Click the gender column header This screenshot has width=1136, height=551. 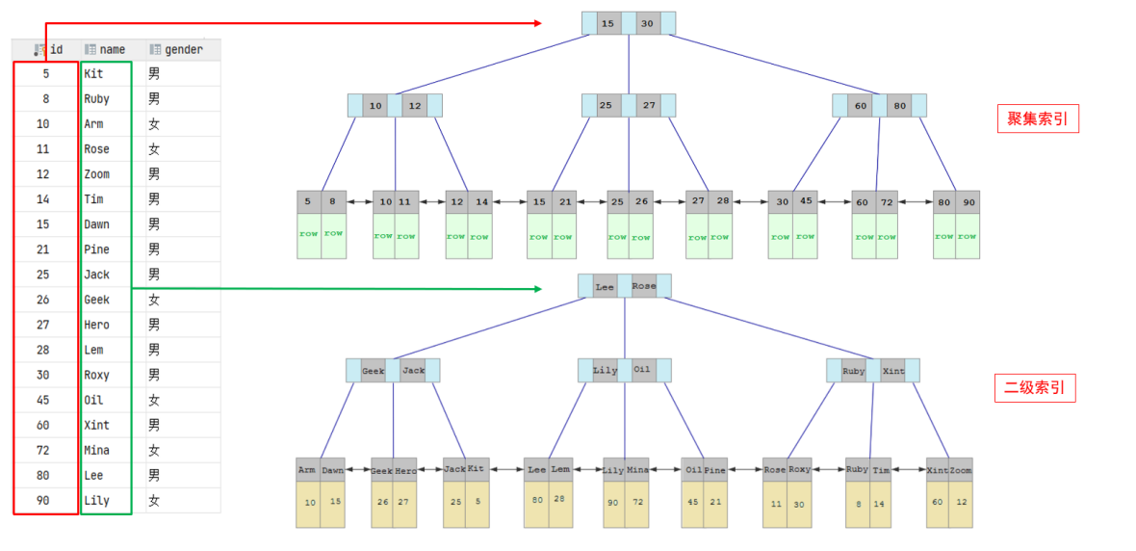pyautogui.click(x=183, y=49)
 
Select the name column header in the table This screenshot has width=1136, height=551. pyautogui.click(x=112, y=49)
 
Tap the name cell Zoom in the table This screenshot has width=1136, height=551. pyautogui.click(x=96, y=174)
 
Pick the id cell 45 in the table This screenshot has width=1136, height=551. pyautogui.click(x=43, y=400)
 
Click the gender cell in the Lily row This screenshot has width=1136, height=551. pyautogui.click(x=154, y=500)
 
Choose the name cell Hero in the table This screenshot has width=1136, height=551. pyautogui.click(x=96, y=325)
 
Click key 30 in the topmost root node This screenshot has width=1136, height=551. pyautogui.click(x=647, y=23)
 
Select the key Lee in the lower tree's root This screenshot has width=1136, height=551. pyautogui.click(x=605, y=286)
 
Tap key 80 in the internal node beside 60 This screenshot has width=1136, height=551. pyautogui.click(x=899, y=105)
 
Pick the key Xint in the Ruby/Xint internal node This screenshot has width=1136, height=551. pyautogui.click(x=892, y=371)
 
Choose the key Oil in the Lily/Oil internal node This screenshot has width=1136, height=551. pyautogui.click(x=642, y=370)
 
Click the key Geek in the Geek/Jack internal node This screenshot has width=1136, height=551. pyautogui.click(x=374, y=371)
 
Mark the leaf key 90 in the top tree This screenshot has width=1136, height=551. pyautogui.click(x=968, y=202)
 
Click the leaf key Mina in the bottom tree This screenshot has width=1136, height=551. pyautogui.click(x=637, y=470)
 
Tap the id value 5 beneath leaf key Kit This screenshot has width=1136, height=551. pyautogui.click(x=477, y=501)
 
